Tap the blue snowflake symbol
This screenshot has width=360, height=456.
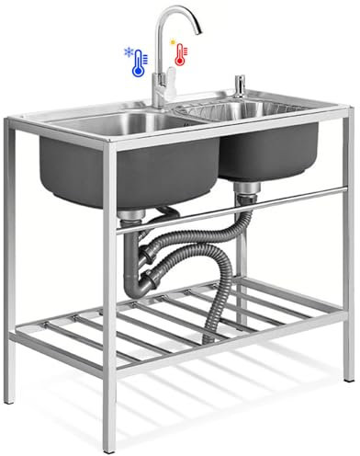click(x=129, y=54)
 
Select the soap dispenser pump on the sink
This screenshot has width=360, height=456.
click(x=240, y=85)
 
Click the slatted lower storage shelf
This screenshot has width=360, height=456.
click(x=184, y=322)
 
